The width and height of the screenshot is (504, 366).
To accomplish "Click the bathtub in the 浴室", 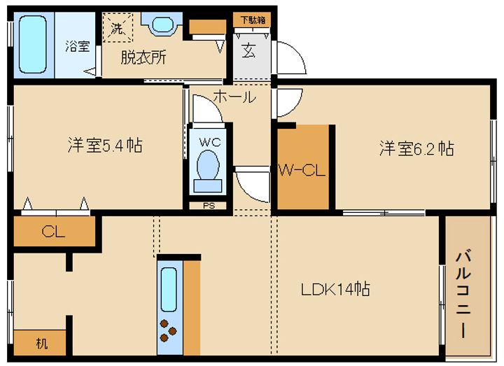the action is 32,45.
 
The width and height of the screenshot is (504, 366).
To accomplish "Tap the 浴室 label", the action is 78,46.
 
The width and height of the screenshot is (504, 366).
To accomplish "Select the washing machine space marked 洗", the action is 118,27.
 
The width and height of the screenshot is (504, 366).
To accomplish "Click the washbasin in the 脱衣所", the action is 162,24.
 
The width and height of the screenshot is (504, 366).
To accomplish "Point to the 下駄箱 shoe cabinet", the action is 252,20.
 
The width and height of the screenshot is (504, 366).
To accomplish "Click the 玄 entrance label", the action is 249,51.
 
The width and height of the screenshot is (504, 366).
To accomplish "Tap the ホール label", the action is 234,97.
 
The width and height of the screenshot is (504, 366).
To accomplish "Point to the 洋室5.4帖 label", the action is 105,146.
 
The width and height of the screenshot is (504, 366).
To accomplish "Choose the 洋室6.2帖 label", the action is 416,148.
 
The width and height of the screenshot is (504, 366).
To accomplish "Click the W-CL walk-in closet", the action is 303,167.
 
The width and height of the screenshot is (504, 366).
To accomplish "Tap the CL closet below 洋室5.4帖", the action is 54,231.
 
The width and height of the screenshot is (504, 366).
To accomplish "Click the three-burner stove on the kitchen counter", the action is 168,330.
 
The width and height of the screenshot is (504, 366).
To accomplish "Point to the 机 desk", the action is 40,342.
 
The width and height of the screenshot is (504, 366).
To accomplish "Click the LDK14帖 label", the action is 335,289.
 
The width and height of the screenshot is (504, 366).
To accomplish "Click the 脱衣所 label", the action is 143,58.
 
